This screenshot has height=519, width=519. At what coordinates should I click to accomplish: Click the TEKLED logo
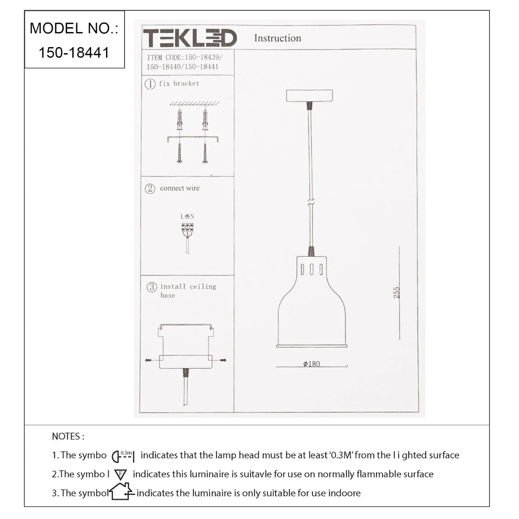coord(190,38)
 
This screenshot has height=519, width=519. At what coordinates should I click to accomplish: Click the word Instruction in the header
coord(277,38)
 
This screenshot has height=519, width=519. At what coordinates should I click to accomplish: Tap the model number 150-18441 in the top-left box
coord(74,52)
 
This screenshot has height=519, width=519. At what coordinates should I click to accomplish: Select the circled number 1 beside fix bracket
coord(150,84)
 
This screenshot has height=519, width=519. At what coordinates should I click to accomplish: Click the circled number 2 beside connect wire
coord(150,189)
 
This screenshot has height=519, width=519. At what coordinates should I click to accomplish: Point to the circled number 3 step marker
coord(152,287)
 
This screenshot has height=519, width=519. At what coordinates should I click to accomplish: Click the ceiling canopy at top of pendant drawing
coord(309,96)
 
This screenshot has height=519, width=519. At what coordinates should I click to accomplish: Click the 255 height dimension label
coord(397,292)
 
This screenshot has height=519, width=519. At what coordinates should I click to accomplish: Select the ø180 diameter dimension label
coord(311,364)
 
